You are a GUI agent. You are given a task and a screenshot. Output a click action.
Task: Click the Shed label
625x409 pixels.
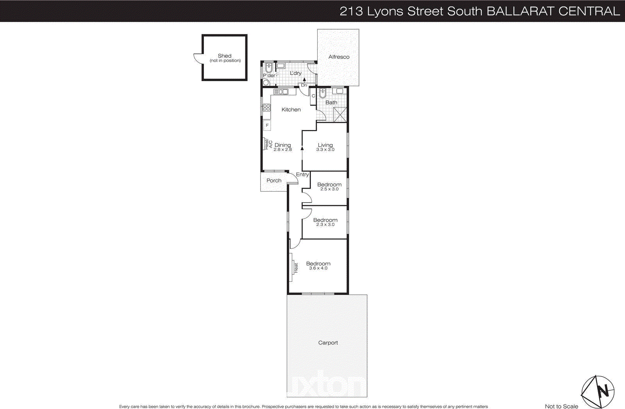coord(225,56)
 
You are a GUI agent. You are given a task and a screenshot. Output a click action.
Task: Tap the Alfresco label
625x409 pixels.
coord(339,57)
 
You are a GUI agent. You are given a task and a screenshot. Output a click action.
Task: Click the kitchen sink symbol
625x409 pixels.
coord(281,92)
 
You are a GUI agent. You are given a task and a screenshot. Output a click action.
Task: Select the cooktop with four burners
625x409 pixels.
coord(267,107)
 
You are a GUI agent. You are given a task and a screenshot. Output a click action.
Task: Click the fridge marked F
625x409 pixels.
coord(267,125)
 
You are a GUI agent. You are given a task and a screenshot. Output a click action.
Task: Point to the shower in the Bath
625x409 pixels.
coord(340,114)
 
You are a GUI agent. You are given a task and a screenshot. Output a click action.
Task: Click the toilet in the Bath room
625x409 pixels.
coord(322,93)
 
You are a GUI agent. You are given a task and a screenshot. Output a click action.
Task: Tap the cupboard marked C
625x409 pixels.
coord(313,96)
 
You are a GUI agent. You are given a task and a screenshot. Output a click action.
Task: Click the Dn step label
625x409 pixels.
coord(304,85)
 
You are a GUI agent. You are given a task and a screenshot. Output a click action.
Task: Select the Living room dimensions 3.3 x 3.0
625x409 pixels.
coord(325,150)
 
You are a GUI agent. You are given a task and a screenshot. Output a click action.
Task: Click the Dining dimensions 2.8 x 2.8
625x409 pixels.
coord(282,150)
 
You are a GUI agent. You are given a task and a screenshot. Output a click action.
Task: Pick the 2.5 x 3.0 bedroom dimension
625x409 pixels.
coord(329,189)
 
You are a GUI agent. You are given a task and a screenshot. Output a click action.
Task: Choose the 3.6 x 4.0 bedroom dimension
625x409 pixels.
coord(318,269)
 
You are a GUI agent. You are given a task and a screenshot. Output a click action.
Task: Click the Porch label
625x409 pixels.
coord(274,181)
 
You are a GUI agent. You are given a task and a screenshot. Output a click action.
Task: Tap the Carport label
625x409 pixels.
coord(328,343)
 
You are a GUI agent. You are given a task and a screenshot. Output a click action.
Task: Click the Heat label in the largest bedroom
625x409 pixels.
coord(296,267)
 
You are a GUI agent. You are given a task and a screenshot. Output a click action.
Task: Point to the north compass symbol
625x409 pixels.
coord(598,391)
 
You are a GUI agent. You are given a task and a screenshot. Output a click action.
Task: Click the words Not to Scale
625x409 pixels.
coord(561,406)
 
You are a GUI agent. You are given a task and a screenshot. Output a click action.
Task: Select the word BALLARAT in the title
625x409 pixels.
coord(520,11)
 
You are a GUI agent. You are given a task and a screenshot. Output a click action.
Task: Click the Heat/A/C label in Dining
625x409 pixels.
coord(268,144)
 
